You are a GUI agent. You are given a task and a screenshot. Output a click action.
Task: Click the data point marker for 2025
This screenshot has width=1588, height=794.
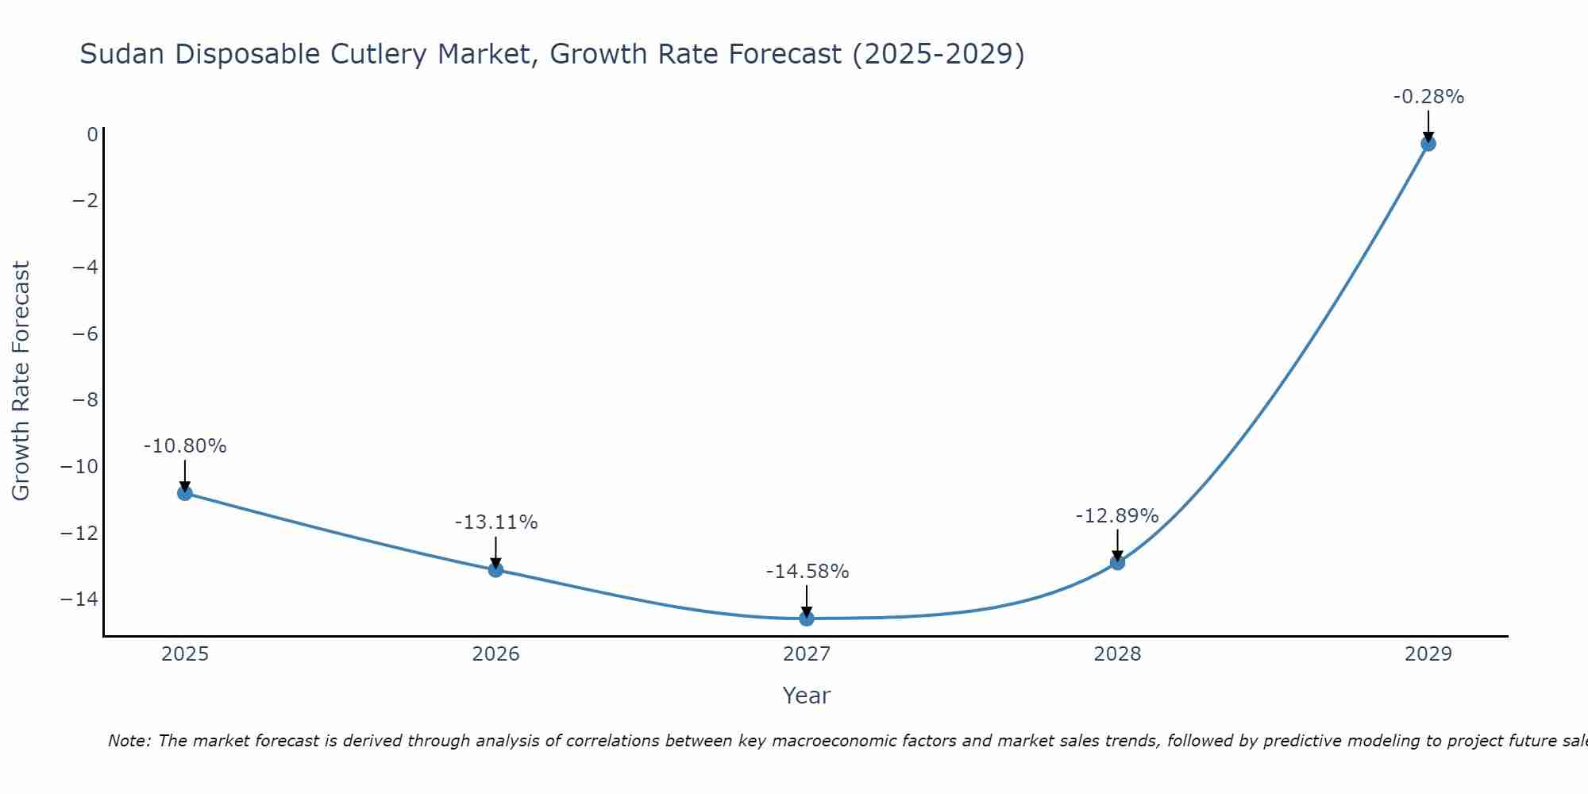tap(185, 493)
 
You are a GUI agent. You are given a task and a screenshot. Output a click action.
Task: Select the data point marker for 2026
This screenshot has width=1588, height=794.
tap(495, 569)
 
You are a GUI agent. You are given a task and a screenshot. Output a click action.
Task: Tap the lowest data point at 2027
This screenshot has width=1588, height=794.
tap(807, 619)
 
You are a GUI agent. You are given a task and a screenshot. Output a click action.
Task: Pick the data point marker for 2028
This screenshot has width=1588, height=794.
tap(1117, 562)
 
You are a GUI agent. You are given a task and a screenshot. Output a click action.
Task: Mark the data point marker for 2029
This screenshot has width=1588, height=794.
tap(1428, 144)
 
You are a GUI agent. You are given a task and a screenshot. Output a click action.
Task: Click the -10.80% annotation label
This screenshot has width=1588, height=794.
tap(185, 446)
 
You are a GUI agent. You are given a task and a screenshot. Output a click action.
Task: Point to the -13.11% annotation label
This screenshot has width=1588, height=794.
tap(495, 522)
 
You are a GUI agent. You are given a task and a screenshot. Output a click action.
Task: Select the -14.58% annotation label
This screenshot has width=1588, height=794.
tap(807, 572)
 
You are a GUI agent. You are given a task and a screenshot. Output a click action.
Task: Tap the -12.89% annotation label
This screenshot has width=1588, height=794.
tap(1117, 516)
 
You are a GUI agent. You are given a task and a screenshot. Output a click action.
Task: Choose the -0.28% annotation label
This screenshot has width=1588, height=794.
tap(1428, 97)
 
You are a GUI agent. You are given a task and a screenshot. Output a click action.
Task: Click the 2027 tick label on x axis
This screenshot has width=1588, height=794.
tap(807, 654)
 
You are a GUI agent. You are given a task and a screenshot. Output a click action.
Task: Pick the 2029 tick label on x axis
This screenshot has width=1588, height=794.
tap(1428, 654)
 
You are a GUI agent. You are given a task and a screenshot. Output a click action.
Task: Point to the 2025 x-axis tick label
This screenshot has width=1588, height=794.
tap(185, 654)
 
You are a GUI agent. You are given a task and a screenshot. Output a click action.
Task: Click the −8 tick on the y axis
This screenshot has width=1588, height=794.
tap(85, 399)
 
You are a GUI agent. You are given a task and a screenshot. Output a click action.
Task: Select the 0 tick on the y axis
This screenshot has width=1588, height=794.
tap(93, 134)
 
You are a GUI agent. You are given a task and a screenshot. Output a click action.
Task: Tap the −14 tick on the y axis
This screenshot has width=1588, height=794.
tap(79, 599)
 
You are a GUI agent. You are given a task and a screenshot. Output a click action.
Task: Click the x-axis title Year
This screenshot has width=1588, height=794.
tap(806, 696)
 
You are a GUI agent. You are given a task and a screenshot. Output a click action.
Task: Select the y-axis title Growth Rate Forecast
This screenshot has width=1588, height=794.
tap(21, 380)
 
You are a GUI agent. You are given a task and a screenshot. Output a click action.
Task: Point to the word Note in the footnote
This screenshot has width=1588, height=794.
tap(128, 741)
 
